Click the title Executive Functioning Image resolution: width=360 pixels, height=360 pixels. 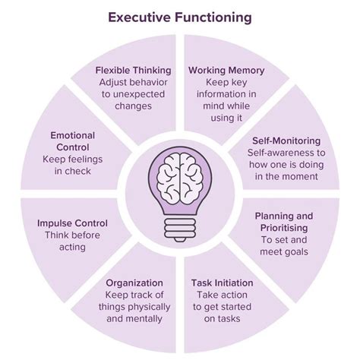(x=180, y=16)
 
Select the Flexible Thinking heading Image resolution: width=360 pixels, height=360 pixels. (x=133, y=71)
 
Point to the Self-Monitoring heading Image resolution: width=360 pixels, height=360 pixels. (x=286, y=141)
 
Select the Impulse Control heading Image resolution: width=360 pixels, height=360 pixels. (x=72, y=223)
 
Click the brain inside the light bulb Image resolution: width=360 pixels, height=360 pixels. (x=179, y=178)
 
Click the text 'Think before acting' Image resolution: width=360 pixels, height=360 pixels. (x=72, y=242)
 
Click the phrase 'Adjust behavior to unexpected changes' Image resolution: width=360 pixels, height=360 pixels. (x=133, y=94)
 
